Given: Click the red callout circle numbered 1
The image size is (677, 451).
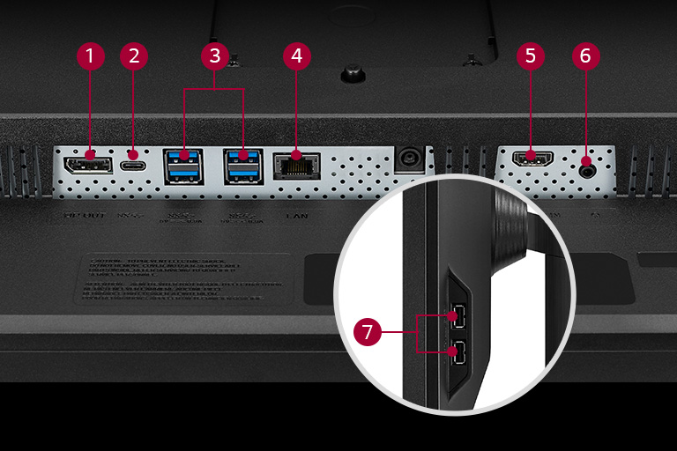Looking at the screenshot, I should [90, 56].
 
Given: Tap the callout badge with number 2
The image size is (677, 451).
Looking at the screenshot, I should [134, 56].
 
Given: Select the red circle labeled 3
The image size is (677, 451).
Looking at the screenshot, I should [212, 56].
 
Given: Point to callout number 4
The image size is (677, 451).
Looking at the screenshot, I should [297, 56].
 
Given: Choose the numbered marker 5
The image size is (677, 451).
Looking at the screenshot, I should [530, 56].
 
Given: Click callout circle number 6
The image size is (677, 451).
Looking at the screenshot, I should [585, 56].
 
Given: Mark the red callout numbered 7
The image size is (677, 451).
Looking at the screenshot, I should [368, 333].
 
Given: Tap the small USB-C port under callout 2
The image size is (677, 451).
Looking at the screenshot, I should [134, 165].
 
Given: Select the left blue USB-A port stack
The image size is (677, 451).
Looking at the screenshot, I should [183, 166].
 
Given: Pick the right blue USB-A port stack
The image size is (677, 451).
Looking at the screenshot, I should [242, 166].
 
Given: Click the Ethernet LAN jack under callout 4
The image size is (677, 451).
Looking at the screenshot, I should [296, 166].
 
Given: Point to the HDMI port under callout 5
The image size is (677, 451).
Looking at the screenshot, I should [530, 160].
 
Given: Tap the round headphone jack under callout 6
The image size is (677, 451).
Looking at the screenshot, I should [586, 162].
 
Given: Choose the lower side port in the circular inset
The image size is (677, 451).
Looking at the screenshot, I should [457, 354].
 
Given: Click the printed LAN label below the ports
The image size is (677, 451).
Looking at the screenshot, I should [295, 214].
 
